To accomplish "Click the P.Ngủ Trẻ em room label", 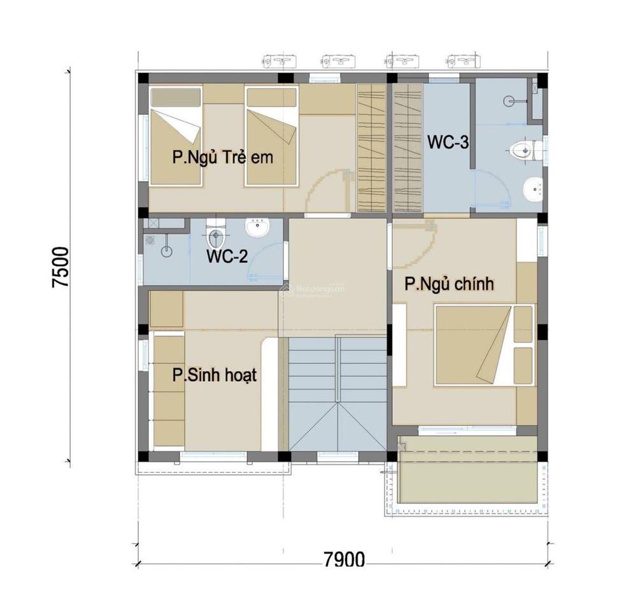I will (x=222, y=157).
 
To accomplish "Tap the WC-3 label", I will (x=448, y=142).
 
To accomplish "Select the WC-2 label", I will (x=227, y=257).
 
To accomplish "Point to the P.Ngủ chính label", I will (x=450, y=283).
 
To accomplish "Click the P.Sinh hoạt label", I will (x=215, y=375).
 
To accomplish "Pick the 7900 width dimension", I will (x=344, y=560).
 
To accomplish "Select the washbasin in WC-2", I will (x=258, y=228).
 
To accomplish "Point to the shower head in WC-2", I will (x=166, y=250).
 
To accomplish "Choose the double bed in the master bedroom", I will (x=484, y=346).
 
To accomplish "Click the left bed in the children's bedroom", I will (x=176, y=137).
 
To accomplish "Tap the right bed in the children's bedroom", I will (x=272, y=137).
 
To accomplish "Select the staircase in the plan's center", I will (x=337, y=395).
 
